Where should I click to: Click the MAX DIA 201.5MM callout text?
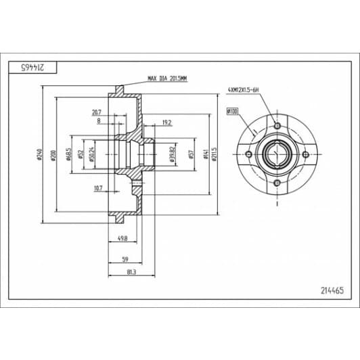pos(166,79)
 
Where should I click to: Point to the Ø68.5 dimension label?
pos(70,155)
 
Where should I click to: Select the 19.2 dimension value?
pos(166,123)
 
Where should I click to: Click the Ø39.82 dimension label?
pos(173,155)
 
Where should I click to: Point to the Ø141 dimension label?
pos(204,155)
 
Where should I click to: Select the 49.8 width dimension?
pos(123,238)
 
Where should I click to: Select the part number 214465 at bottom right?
pos(332,290)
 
